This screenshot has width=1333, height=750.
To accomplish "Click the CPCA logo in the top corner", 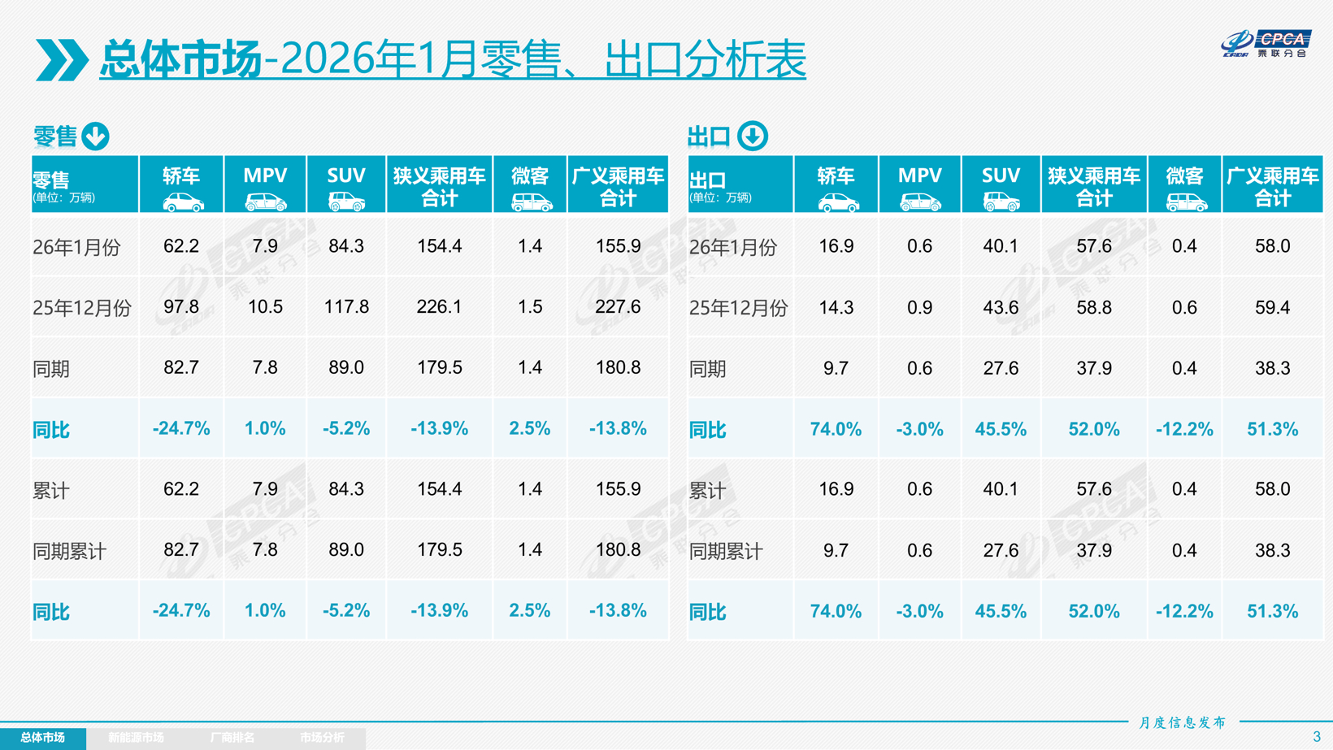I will coord(1266,43).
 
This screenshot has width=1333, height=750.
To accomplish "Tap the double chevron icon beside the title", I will coord(62,59).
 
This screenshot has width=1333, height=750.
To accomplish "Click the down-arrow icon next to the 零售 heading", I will coord(96,137).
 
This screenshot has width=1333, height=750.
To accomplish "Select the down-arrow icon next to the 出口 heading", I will coord(753,137).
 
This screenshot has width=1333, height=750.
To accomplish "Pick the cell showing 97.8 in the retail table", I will coord(181,307).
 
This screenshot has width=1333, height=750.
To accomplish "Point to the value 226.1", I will coord(439,307).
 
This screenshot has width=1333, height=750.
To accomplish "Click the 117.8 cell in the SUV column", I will coord(346,307).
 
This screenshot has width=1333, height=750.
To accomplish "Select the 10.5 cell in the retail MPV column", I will coord(265,307).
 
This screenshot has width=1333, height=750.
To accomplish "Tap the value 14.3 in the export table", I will coord(836,308).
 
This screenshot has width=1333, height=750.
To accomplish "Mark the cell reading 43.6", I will coord(1001,308).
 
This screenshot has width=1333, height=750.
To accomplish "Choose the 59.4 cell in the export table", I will coord(1272,308).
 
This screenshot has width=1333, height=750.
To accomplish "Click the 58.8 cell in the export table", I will coord(1094,308).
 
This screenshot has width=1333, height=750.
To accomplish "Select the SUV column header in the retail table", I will coord(346,184).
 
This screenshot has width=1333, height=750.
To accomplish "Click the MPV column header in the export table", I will coord(919,184).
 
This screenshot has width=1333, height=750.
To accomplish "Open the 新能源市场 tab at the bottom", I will coord(136,738).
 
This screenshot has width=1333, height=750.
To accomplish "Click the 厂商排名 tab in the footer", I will coord(232,738).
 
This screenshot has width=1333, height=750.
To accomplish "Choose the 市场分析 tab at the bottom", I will coord(322,738).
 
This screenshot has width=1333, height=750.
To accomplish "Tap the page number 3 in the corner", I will coord(1317,737).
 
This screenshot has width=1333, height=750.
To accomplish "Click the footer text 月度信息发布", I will coord(1182,722).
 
